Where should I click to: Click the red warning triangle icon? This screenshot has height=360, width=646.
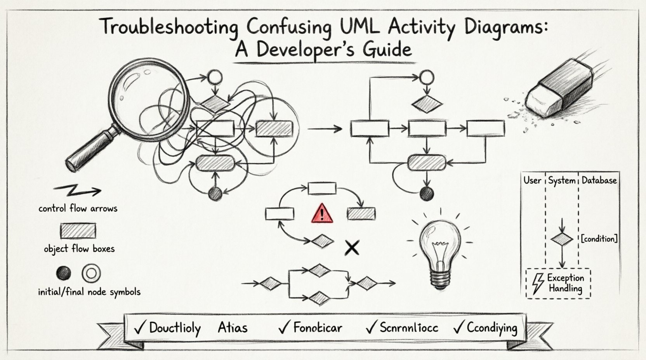point(322,214)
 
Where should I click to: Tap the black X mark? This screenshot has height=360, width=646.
point(352,247)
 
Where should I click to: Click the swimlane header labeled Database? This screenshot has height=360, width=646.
point(599,180)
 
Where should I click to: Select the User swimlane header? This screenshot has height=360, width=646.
point(532,180)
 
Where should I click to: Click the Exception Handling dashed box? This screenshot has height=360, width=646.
point(558,284)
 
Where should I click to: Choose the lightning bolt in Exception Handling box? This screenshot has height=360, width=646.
point(538,284)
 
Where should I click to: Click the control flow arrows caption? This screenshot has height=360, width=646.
point(78,208)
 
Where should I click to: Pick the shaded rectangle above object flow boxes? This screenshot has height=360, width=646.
point(78,231)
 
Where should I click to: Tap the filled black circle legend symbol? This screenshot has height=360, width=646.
point(64,273)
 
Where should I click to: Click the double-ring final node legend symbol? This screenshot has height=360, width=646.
point(91,273)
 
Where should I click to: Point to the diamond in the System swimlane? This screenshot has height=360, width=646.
point(562,239)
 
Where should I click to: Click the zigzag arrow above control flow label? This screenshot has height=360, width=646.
point(78,190)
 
